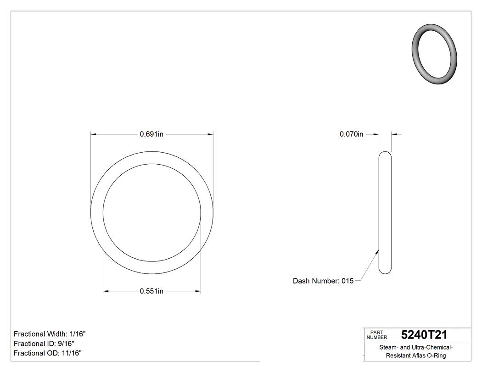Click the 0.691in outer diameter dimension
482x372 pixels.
coord(151,134)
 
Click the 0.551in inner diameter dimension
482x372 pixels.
coord(151,291)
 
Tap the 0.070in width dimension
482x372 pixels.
coord(351,134)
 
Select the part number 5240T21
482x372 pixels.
coord(424,334)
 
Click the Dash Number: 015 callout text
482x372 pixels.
coord(323,281)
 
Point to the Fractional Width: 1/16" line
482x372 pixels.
coord(50,334)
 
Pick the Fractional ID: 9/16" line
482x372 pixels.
coord(44,344)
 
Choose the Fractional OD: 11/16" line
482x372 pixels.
coord(48,353)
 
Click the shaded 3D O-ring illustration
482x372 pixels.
coord(435,54)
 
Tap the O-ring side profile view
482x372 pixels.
coord(385,213)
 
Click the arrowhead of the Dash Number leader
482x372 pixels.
coord(377,251)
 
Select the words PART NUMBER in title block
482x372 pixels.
coord(377,334)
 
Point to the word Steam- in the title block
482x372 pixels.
coord(389,348)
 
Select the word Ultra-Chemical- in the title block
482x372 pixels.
coord(433,348)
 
